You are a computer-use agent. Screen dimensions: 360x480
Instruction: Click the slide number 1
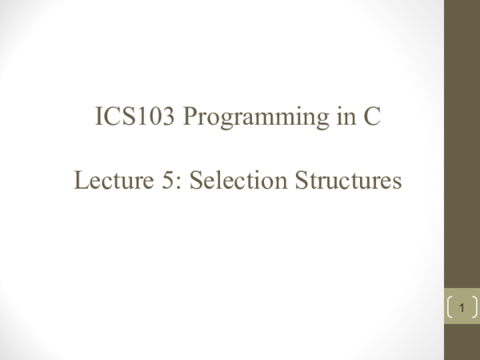(462, 307)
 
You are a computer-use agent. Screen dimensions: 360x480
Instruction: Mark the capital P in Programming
(191, 120)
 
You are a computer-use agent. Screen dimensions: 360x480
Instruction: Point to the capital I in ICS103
(99, 120)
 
